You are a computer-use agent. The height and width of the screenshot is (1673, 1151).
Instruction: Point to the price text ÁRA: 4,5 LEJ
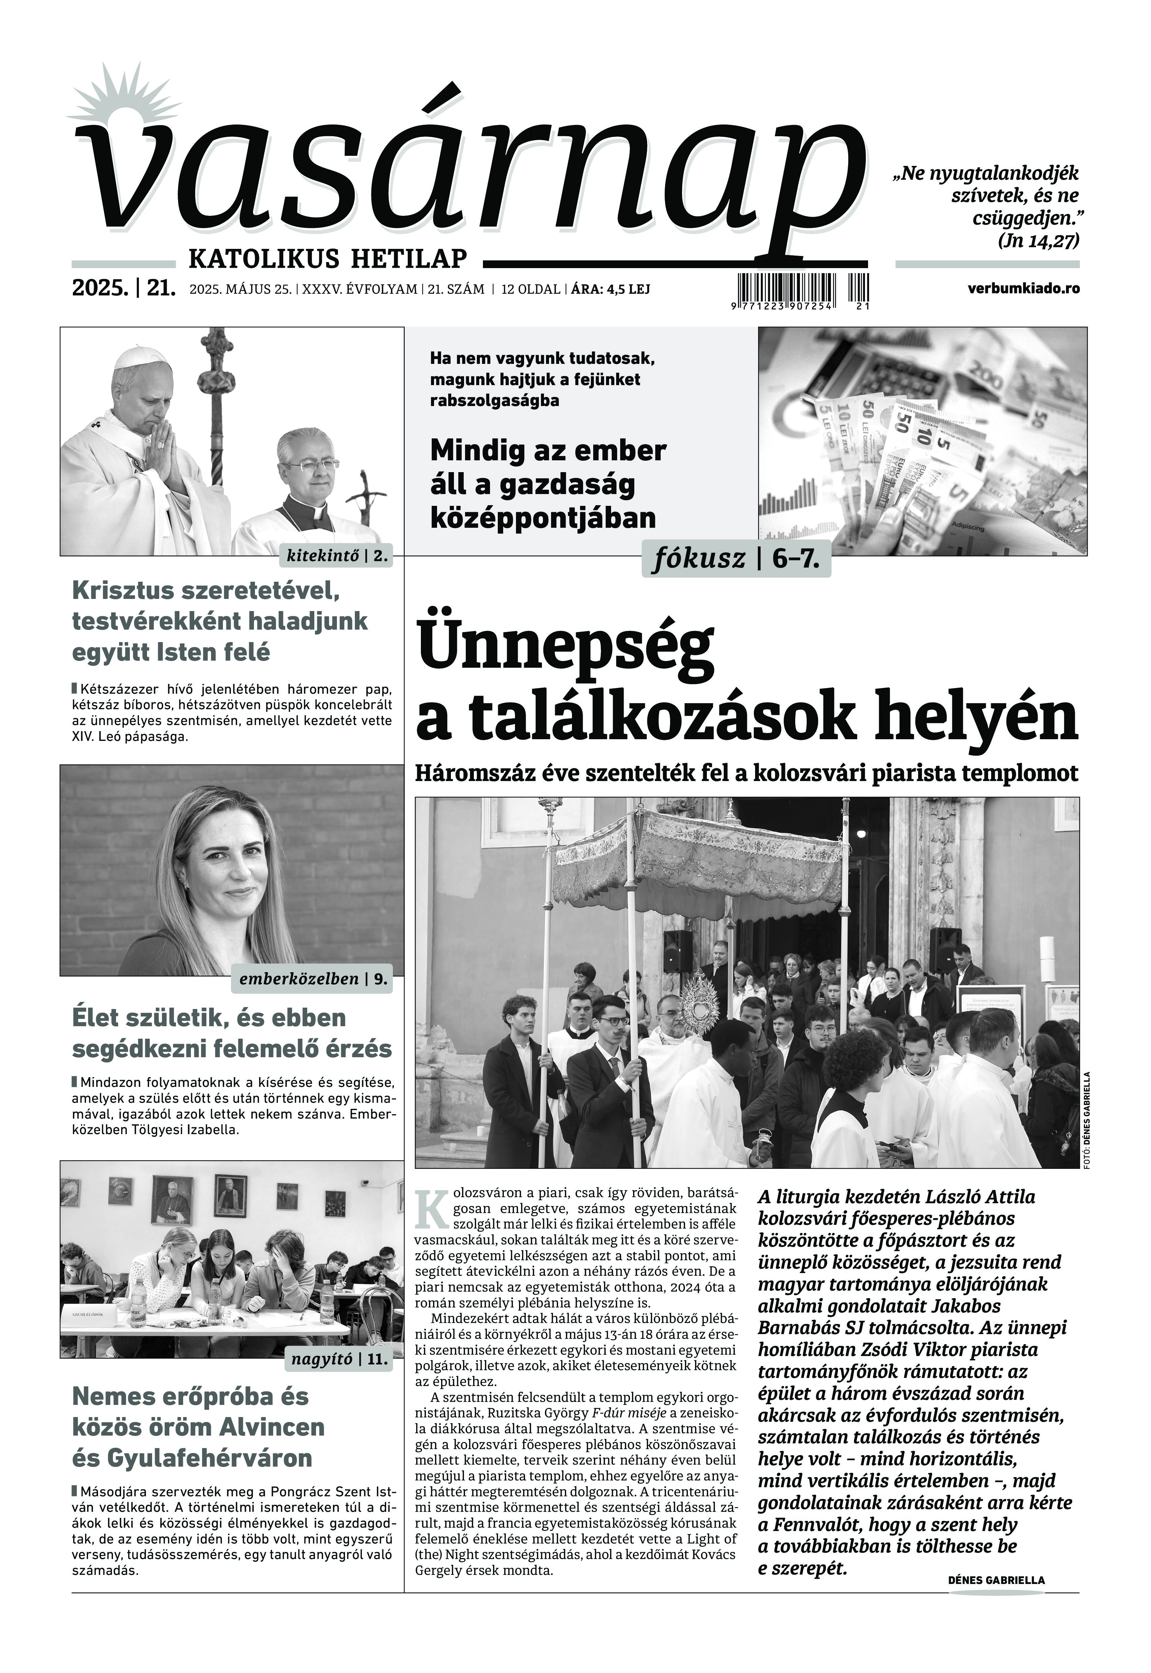coord(611,289)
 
